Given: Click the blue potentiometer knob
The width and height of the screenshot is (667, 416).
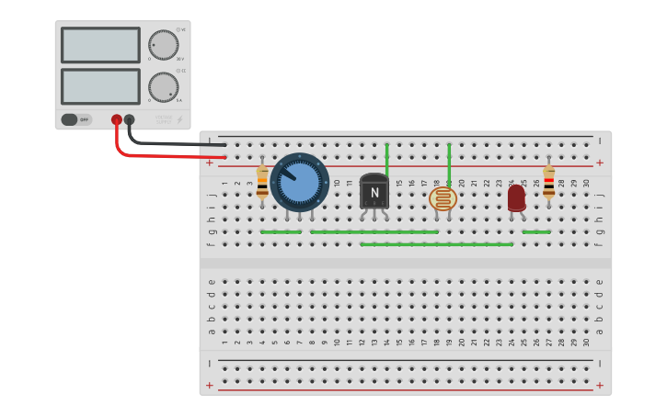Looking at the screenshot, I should [300, 183].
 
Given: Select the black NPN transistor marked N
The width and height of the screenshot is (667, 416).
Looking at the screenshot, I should [374, 192].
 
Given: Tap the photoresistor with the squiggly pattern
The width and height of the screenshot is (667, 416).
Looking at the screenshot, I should [443, 197].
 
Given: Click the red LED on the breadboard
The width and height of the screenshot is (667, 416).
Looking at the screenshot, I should [516, 197].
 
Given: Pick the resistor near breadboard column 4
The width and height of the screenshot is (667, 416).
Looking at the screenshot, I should [262, 184].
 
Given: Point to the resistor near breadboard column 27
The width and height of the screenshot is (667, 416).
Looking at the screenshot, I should [549, 183].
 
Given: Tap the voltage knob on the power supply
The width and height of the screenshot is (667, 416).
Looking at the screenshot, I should [163, 45].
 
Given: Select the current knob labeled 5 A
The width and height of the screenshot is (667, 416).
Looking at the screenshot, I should [163, 87].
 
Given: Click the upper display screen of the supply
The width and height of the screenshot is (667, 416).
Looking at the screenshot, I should [100, 44].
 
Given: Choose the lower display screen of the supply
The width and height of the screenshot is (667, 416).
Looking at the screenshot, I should [100, 86].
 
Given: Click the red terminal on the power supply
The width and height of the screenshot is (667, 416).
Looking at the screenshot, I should [117, 119].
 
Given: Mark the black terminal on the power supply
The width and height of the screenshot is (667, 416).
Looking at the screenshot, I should [130, 119].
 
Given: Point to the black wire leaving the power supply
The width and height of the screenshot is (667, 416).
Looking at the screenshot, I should [175, 143].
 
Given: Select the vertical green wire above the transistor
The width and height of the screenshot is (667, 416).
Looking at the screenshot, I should [387, 159].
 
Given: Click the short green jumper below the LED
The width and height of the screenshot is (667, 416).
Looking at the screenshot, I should [535, 232].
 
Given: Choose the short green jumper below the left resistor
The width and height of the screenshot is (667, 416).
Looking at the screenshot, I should [281, 232].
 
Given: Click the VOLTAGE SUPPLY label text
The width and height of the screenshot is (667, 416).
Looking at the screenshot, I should [164, 118].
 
